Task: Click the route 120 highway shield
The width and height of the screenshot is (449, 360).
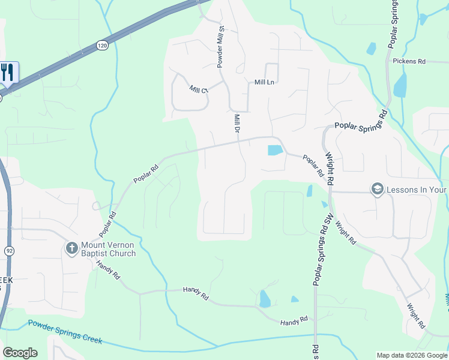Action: (x=103, y=45)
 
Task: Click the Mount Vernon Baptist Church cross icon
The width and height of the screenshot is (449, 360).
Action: (x=71, y=247)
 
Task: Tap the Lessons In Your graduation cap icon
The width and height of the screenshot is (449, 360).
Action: (x=378, y=189)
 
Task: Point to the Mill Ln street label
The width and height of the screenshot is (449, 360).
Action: (x=264, y=82)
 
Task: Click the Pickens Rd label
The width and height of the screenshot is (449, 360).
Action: (x=409, y=61)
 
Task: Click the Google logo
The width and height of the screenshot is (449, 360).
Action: (x=20, y=353)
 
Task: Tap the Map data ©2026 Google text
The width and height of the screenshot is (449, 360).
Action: (x=412, y=355)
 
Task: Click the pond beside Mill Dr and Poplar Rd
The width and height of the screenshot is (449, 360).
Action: (x=274, y=150)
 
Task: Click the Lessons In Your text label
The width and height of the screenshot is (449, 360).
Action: (x=417, y=190)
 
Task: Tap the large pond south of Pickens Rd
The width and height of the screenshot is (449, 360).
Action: (x=400, y=85)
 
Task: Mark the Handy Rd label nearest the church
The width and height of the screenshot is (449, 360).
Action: (x=109, y=272)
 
